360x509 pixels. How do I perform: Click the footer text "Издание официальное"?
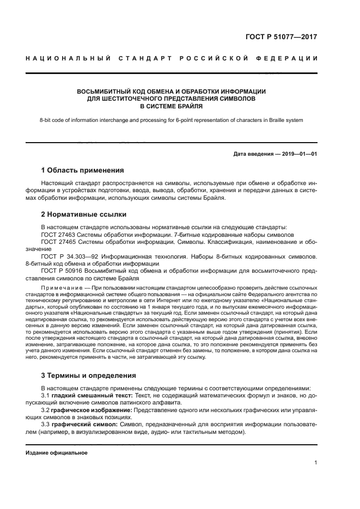tap(57, 452)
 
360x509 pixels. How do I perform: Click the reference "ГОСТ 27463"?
tap(58, 234)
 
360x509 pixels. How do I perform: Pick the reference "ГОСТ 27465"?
tap(58, 241)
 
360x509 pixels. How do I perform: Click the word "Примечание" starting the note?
tap(60, 286)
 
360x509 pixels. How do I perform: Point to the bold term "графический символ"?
tap(84, 423)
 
